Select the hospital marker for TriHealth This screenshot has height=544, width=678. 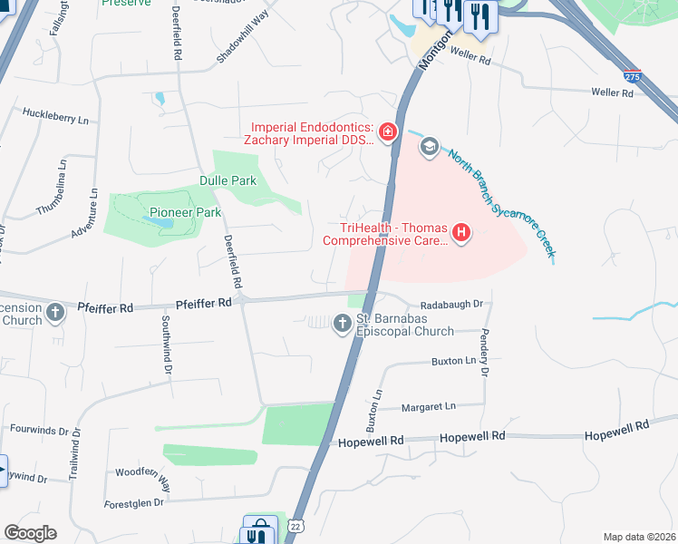pos(461,234)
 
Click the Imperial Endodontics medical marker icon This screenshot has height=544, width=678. pos(388,133)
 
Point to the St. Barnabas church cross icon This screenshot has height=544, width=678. pos(343,323)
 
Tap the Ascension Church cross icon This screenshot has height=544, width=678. pos(56,314)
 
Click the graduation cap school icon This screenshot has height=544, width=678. pos(430,147)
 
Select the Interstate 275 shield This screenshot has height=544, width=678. pos(633,79)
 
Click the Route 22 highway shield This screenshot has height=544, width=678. pos(295,526)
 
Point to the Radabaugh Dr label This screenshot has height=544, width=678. pos(452,306)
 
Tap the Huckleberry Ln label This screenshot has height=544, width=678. pos(56,119)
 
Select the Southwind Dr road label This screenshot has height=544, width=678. pos(167,345)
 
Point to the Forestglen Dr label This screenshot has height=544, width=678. pos(133,501)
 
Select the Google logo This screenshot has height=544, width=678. pos(30,532)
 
